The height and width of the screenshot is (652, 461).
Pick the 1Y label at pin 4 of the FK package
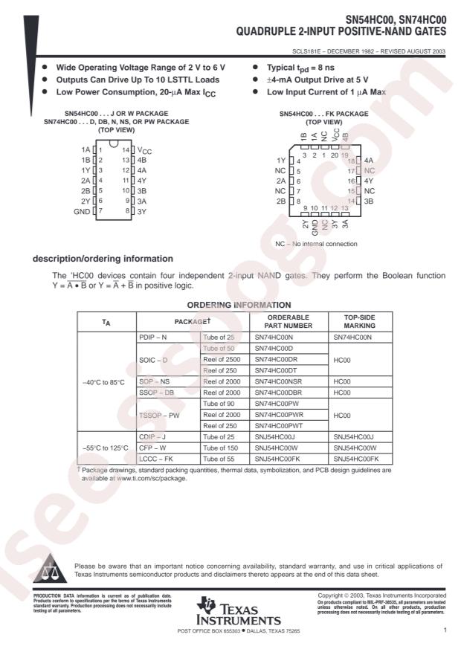282,161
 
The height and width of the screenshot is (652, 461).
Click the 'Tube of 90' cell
220,403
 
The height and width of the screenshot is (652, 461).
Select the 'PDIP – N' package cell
155,337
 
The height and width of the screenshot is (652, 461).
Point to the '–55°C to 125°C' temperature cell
105,448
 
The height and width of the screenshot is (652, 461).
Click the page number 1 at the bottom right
443,630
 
